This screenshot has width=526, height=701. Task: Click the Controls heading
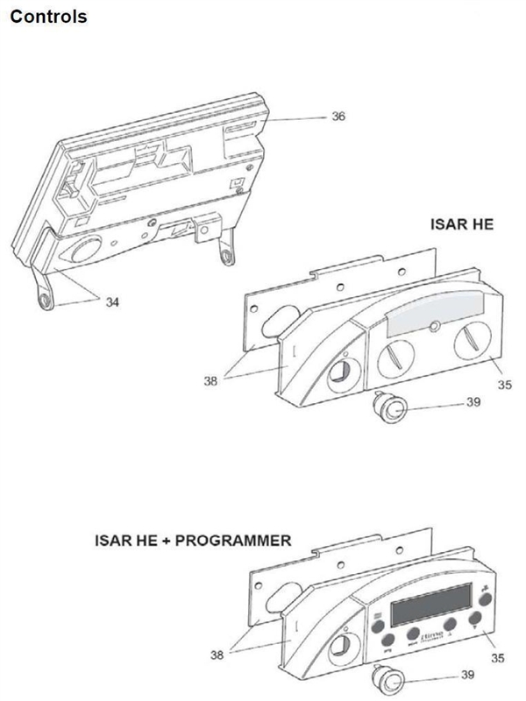point(48,17)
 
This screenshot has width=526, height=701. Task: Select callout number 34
point(112,301)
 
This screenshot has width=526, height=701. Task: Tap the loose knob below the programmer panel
point(387,677)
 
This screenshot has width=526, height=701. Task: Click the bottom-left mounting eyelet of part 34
point(46,298)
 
